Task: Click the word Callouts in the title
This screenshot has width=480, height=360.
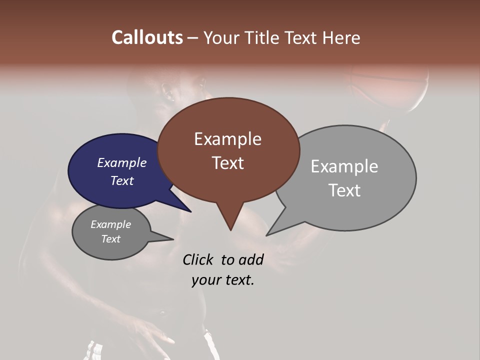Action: pos(147,37)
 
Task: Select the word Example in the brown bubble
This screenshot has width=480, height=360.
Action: pos(227,139)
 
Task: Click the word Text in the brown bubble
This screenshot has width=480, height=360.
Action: pos(227,163)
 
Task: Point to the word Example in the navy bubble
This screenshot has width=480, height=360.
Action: pos(121,162)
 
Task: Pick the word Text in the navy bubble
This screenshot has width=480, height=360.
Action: pos(121,180)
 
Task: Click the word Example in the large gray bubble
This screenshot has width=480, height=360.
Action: pos(344,166)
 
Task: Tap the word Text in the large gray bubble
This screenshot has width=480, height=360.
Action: pos(344,190)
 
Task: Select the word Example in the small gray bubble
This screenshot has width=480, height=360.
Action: pos(110,224)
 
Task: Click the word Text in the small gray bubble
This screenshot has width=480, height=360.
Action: pos(110,239)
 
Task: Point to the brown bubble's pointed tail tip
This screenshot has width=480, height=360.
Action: pos(230,227)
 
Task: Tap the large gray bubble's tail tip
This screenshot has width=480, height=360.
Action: pos(270,232)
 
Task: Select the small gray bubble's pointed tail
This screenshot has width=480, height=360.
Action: pos(167,238)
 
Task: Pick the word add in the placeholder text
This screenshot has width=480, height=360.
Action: pos(251,259)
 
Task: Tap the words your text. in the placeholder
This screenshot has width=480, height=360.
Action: pos(223,280)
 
